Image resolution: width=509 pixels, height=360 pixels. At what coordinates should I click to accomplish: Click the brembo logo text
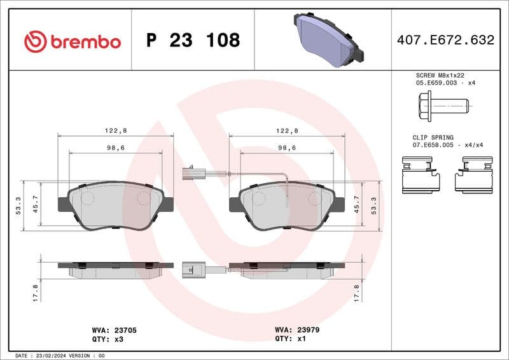[x=85, y=41]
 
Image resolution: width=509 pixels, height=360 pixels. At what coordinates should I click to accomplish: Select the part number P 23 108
[x=193, y=40]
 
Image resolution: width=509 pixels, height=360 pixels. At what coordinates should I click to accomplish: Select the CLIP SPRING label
[x=433, y=137]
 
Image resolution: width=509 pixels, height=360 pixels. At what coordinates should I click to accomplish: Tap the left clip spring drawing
[x=421, y=176]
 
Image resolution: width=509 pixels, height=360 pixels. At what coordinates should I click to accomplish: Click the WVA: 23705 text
[x=115, y=331]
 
